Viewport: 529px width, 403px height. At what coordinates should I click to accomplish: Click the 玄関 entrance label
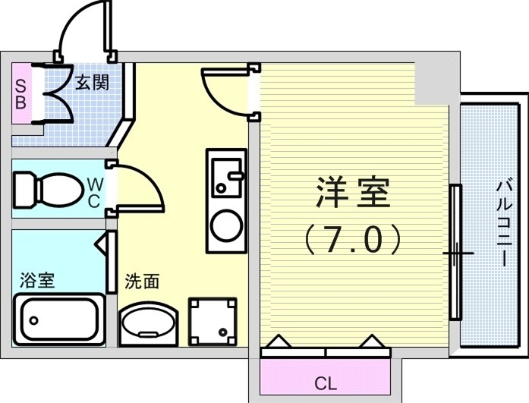coord(91,82)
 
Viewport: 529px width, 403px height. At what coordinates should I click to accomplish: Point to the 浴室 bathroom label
coord(37,280)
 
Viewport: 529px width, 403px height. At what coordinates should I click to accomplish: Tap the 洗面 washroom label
coord(142,282)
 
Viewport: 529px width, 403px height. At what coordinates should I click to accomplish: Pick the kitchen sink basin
coord(225,175)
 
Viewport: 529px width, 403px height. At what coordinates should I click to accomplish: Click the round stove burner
coord(225,224)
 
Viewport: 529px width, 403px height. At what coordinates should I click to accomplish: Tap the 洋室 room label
coord(352,194)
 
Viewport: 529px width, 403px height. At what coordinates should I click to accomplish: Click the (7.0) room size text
coord(352,241)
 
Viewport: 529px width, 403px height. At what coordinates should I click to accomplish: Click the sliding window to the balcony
coord(455,251)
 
